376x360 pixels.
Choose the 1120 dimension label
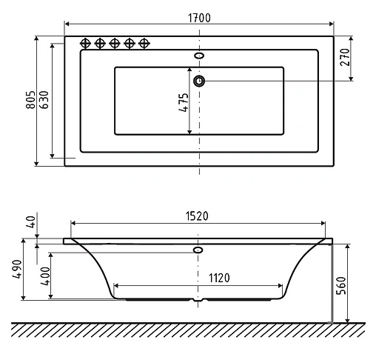coord(197,278)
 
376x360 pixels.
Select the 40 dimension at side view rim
coord(30,222)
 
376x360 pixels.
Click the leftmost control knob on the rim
coord(84,43)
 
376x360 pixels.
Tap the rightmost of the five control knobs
coord(145,43)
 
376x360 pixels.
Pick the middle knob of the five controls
coord(115,43)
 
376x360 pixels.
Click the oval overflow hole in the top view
coord(198,55)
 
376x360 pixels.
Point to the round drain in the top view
coord(198,80)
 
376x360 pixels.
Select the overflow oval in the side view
coord(198,250)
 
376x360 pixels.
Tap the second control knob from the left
coord(100,43)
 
